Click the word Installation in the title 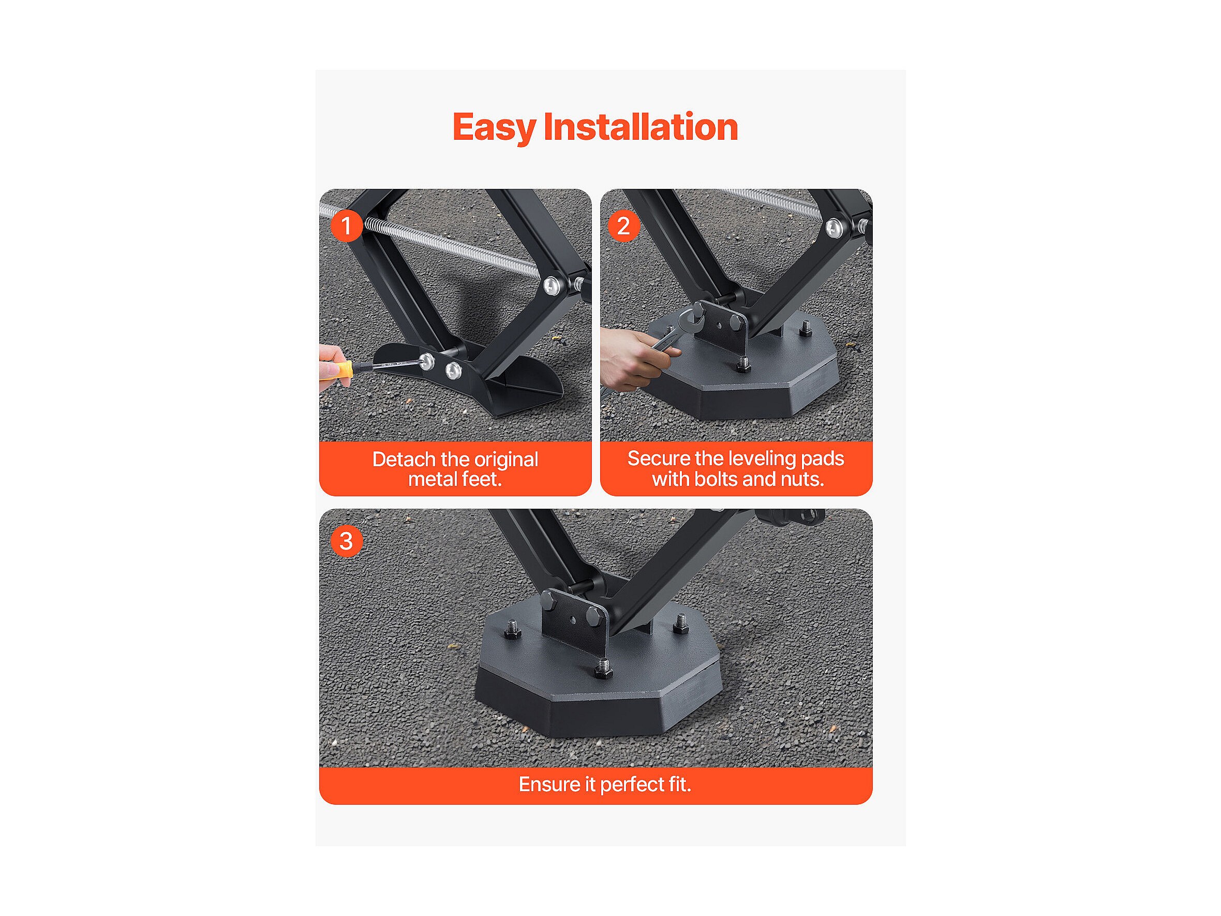pos(641,127)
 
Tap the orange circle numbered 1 pos(347,226)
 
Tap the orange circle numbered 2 pos(624,226)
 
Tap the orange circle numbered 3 pos(347,541)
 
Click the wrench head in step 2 pos(691,320)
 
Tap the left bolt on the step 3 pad pos(513,629)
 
